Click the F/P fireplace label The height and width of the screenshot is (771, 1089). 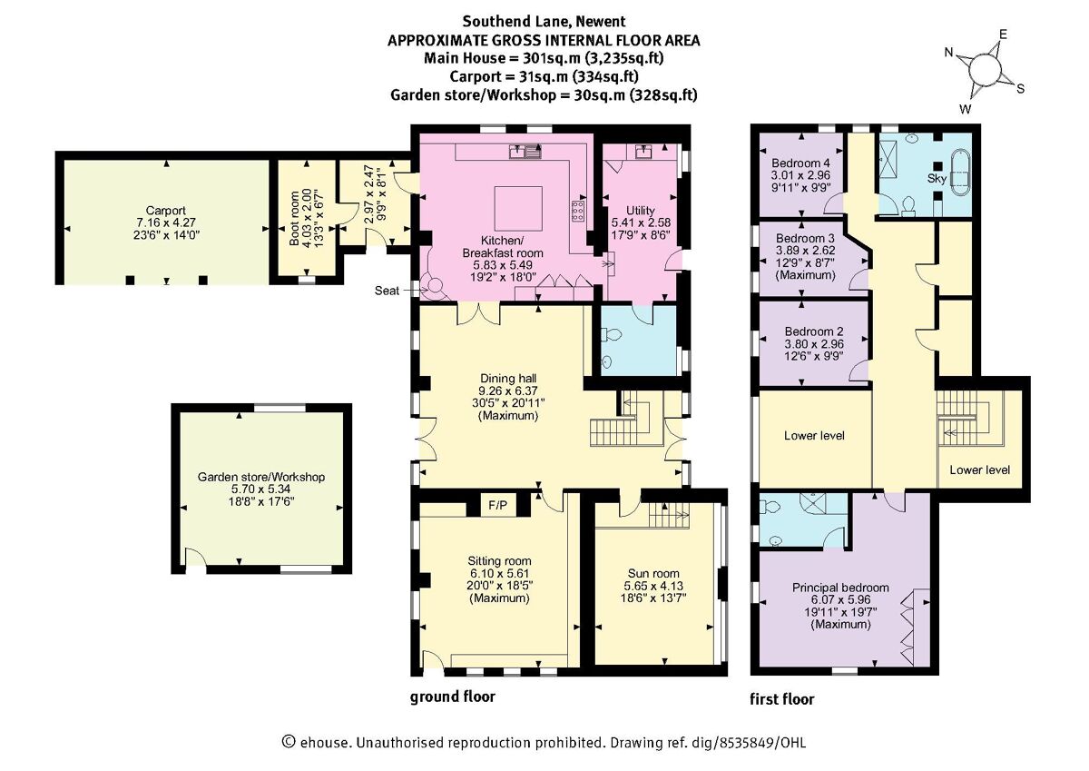click(498, 506)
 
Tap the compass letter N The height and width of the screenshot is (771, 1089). click(948, 53)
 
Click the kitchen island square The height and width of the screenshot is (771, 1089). click(518, 208)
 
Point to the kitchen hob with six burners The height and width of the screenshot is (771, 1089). click(579, 210)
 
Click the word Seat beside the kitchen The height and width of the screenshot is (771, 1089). click(387, 291)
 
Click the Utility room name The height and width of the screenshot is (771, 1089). click(641, 211)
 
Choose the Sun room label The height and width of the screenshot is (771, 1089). click(653, 573)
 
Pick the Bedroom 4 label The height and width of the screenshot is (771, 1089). click(800, 163)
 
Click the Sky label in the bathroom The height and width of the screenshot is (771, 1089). click(937, 179)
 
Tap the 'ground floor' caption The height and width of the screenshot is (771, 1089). click(453, 697)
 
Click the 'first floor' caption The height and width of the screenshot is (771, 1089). click(781, 699)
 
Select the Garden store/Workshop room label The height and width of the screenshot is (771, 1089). click(261, 477)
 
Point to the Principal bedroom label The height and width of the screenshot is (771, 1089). click(840, 588)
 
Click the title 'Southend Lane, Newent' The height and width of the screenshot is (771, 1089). click(544, 22)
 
